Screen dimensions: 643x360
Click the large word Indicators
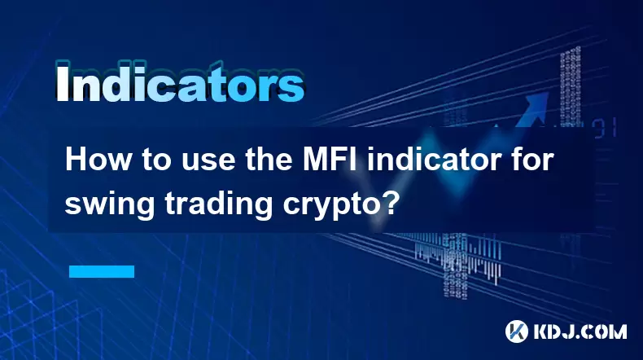180,82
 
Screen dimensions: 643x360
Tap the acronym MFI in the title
330,160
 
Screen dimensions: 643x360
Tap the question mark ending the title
386,202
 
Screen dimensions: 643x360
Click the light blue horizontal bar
102,271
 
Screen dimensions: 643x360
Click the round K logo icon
516,331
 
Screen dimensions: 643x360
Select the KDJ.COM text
580,331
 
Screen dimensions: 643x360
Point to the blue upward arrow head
536,103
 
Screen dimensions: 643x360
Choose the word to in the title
157,161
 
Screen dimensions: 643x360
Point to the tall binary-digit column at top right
571,87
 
